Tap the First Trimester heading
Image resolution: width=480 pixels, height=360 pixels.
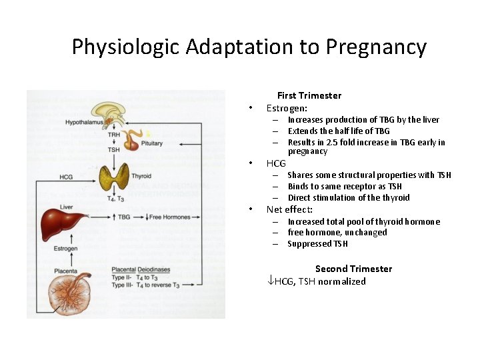pyautogui.click(x=309, y=95)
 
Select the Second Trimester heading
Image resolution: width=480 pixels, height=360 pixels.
pyautogui.click(x=353, y=269)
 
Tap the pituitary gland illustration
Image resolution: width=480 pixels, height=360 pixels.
pyautogui.click(x=136, y=141)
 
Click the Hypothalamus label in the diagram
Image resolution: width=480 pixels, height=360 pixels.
pyautogui.click(x=84, y=122)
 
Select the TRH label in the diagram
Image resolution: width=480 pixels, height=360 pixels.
pyautogui.click(x=114, y=135)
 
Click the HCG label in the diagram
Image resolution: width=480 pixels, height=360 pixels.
pyautogui.click(x=67, y=177)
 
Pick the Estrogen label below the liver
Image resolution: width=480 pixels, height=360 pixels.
pyautogui.click(x=66, y=249)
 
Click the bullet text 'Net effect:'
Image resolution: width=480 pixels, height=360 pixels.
pyautogui.click(x=289, y=209)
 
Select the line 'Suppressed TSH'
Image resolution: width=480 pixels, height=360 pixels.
pyautogui.click(x=318, y=244)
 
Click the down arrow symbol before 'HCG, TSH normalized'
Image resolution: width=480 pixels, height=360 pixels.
pyautogui.click(x=270, y=281)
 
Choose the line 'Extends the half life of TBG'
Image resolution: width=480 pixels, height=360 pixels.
pyautogui.click(x=339, y=131)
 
